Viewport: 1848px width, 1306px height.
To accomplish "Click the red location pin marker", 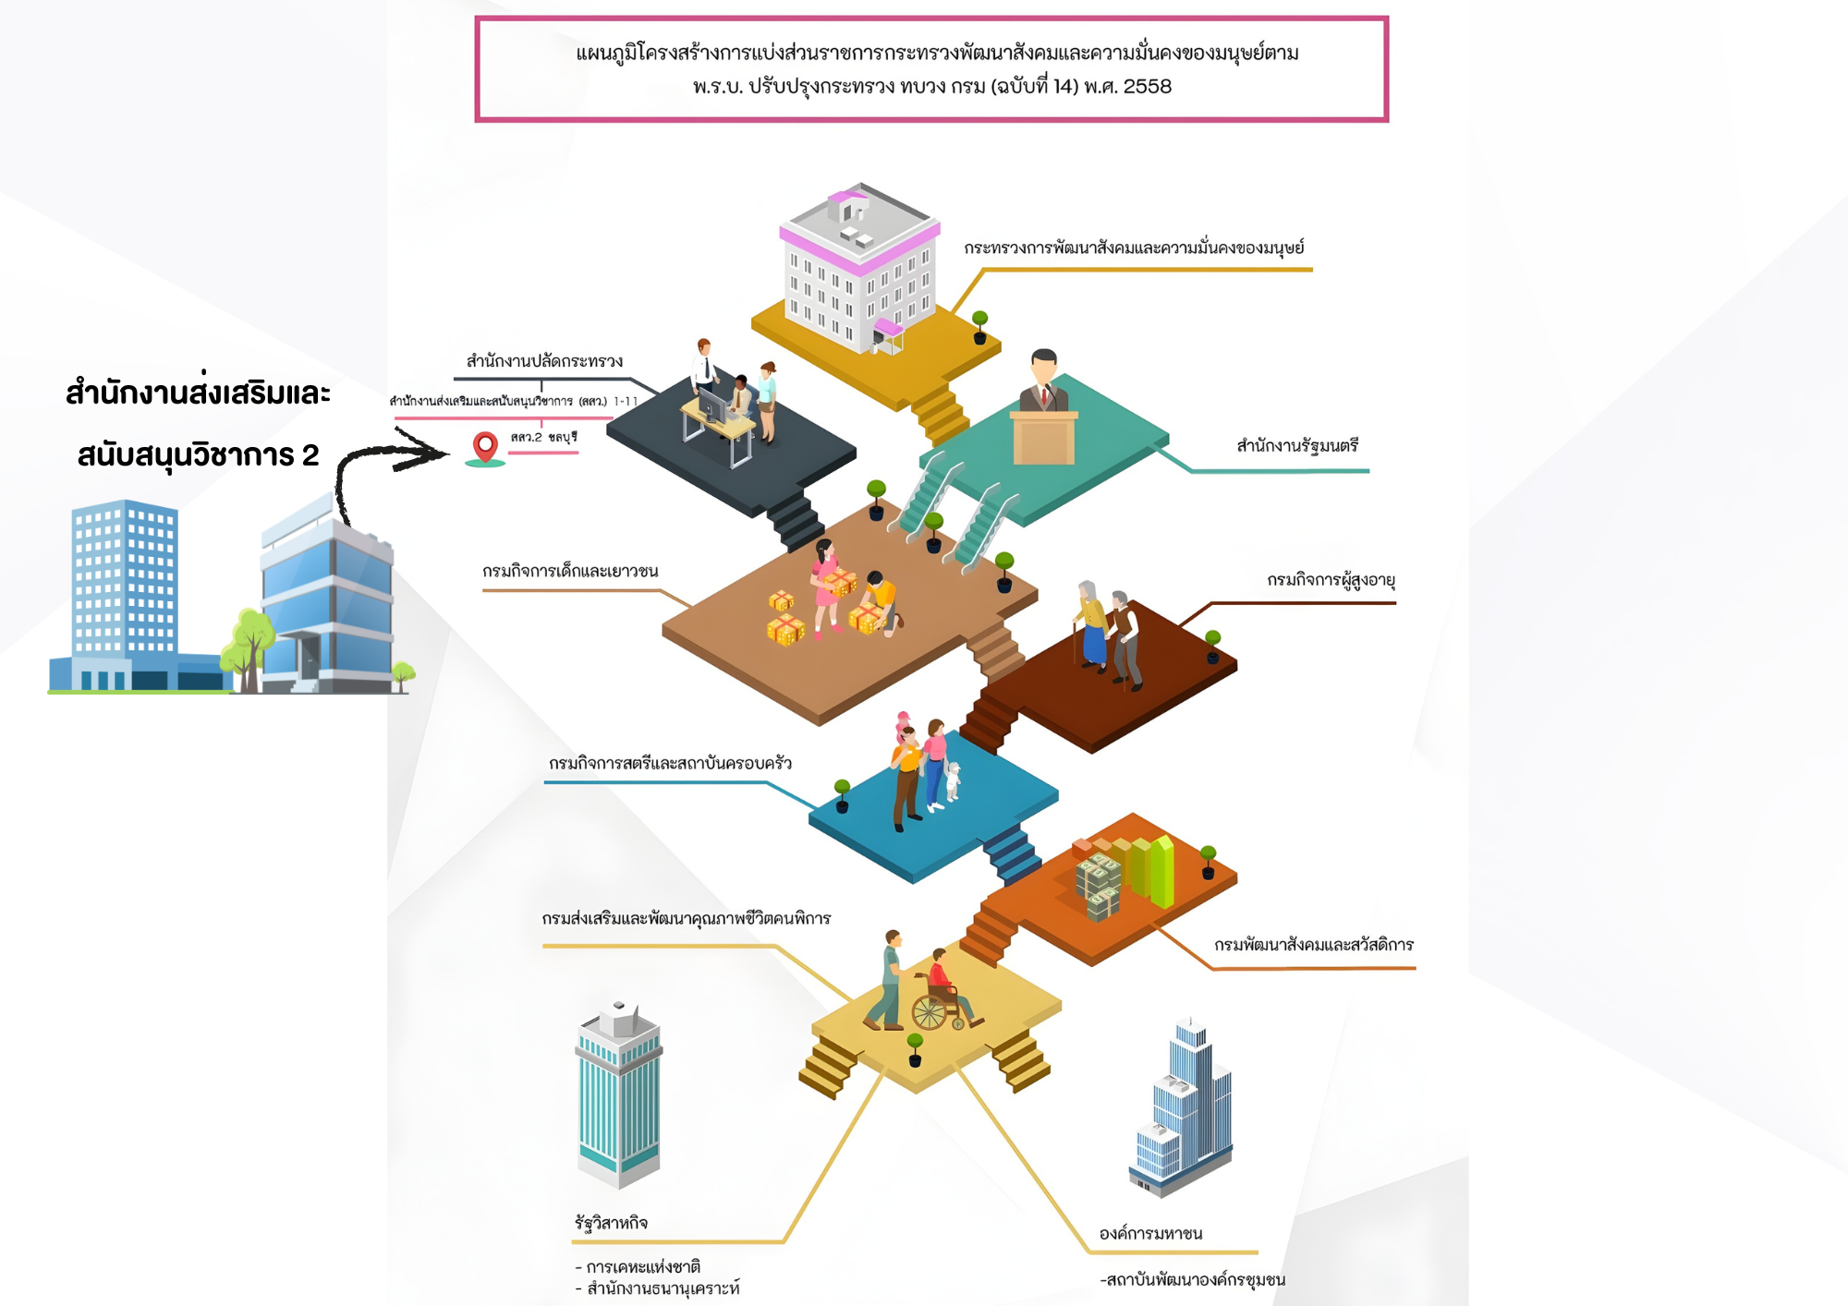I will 485,446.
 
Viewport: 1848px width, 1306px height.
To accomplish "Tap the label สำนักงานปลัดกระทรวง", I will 544,361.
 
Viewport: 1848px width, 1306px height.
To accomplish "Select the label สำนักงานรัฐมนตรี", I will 1297,446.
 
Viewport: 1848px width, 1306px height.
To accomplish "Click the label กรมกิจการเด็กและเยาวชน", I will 570,572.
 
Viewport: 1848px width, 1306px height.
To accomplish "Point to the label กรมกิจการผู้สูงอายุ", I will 1331,581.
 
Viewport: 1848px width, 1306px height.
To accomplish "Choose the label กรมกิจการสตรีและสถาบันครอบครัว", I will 670,764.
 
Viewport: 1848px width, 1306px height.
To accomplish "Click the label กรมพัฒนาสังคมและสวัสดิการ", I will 1313,945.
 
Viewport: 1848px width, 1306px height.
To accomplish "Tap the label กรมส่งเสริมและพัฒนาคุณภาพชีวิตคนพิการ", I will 686,919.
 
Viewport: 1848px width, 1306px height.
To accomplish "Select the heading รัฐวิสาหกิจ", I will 611,1223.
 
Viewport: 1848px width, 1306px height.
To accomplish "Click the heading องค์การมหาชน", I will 1150,1234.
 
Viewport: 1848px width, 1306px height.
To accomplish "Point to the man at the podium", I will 1044,381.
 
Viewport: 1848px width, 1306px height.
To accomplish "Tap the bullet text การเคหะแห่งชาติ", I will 643,1266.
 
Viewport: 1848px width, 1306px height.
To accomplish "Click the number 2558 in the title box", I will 1147,87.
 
